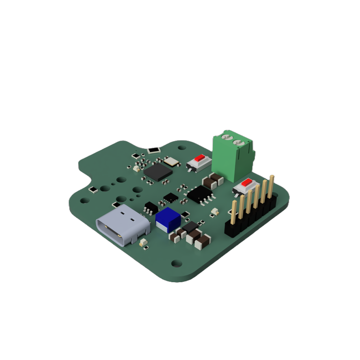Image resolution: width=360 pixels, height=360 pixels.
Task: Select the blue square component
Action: pos(168,219)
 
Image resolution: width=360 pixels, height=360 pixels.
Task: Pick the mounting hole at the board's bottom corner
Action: pos(176,263)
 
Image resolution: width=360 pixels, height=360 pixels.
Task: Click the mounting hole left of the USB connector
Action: pos(84,200)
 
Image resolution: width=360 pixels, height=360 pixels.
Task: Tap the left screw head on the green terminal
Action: pos(226,137)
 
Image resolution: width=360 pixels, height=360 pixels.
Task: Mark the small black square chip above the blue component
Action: pos(171,197)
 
